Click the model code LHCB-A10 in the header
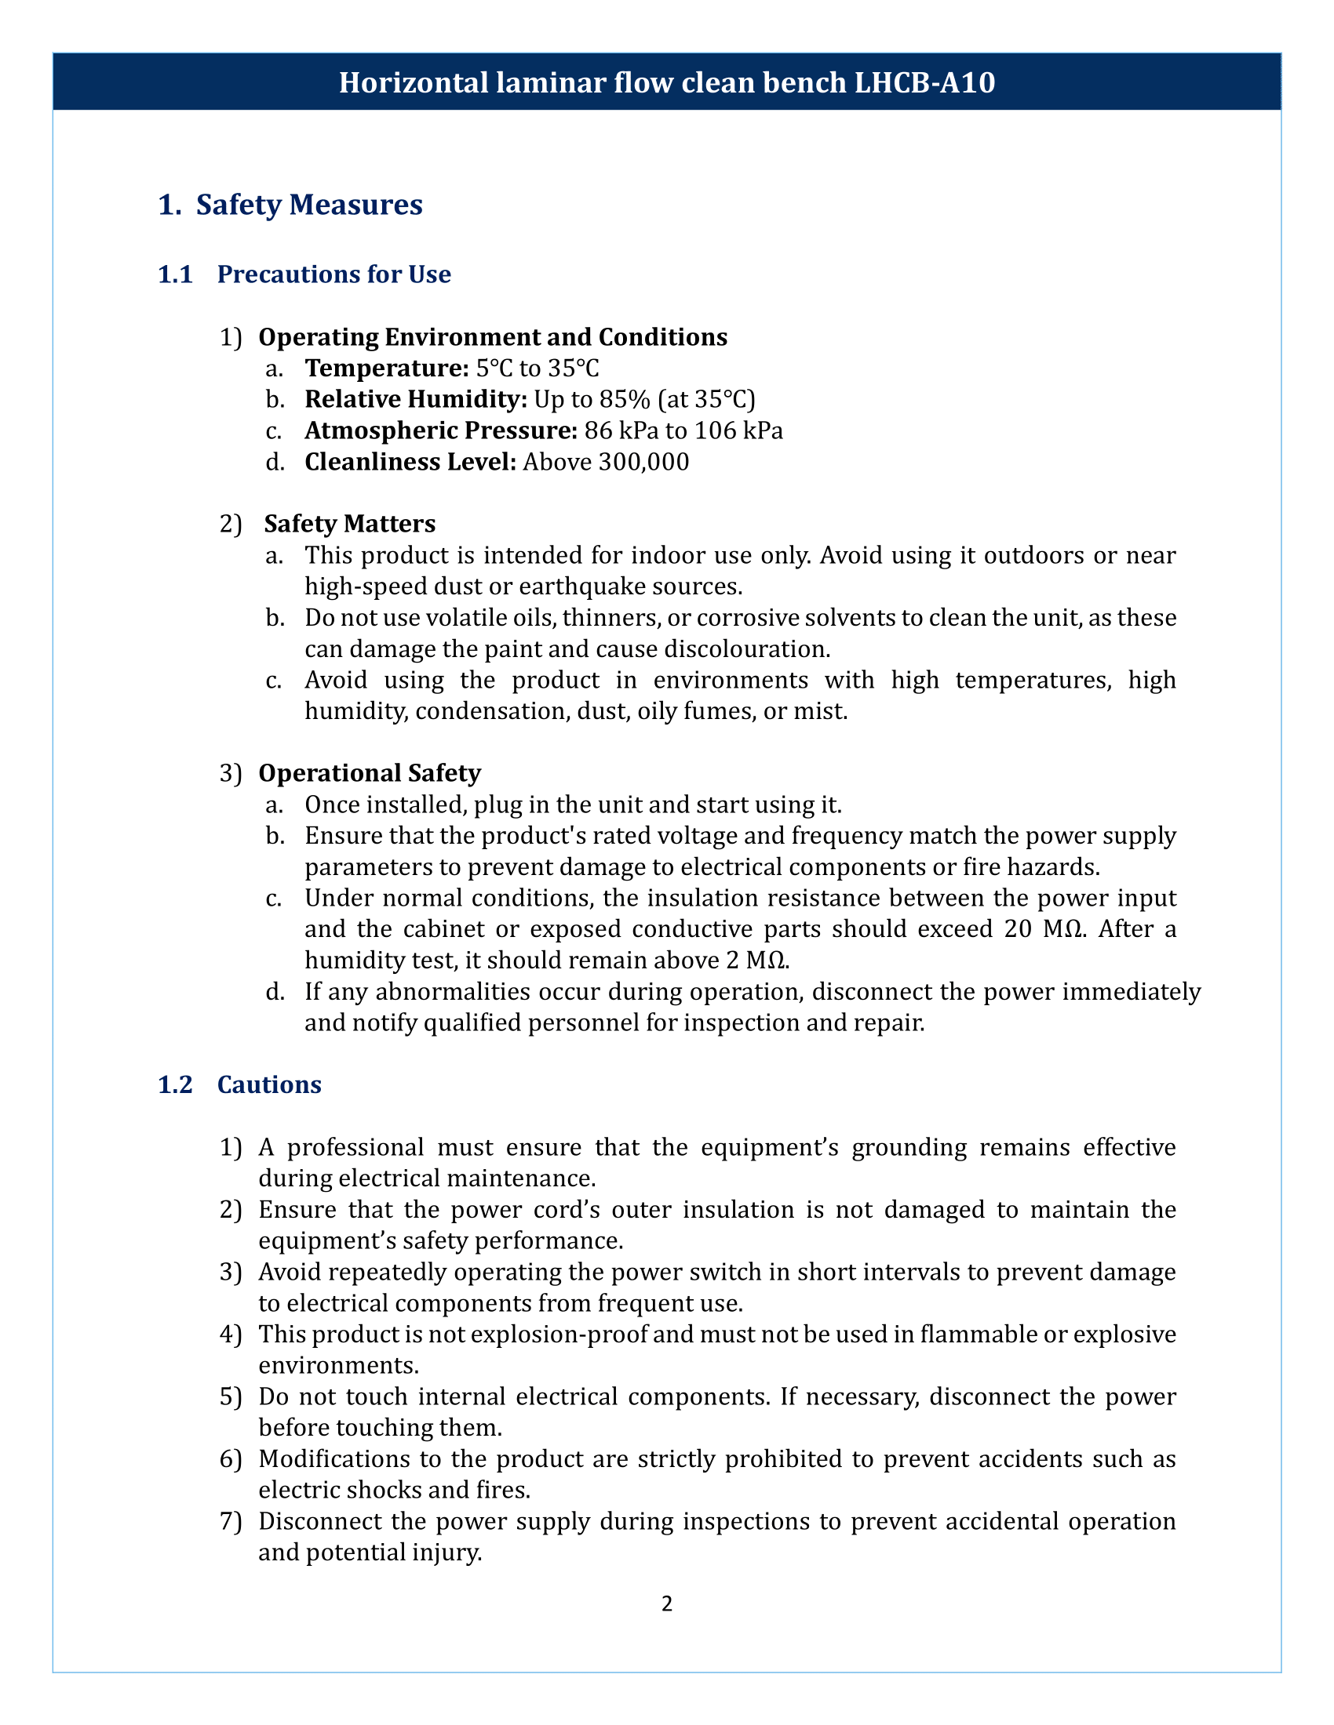(x=924, y=82)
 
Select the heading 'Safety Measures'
(x=309, y=205)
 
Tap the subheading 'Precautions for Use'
(x=333, y=274)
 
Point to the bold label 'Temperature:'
(x=387, y=368)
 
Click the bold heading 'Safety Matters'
(x=349, y=524)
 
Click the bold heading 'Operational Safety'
(x=369, y=772)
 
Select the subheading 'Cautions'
(x=268, y=1084)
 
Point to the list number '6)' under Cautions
(x=229, y=1459)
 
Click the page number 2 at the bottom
(x=666, y=1603)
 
